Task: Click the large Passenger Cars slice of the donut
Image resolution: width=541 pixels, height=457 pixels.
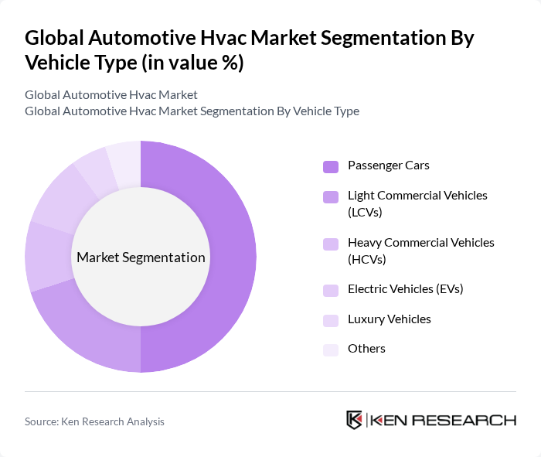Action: click(x=232, y=255)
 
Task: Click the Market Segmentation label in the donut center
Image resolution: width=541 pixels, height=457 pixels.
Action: click(x=140, y=257)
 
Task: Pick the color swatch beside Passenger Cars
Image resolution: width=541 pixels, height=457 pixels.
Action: click(x=331, y=166)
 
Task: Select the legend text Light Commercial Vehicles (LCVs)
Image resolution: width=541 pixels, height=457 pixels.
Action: click(x=417, y=203)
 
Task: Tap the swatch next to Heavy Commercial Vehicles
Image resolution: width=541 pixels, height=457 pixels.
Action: click(x=331, y=244)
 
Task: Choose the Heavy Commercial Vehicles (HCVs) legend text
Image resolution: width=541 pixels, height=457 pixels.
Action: click(x=420, y=250)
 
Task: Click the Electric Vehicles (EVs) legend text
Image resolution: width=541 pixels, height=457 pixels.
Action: click(x=405, y=289)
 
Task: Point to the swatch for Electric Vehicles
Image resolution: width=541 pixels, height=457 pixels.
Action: click(x=331, y=290)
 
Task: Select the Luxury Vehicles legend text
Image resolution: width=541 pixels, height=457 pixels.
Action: click(x=389, y=319)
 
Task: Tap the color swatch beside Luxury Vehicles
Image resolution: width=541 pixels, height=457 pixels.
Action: click(x=331, y=320)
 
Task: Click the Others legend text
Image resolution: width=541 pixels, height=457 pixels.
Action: click(x=366, y=349)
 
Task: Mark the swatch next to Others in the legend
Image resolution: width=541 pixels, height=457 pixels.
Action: click(x=331, y=350)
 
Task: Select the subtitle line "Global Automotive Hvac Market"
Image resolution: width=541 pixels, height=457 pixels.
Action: click(x=111, y=95)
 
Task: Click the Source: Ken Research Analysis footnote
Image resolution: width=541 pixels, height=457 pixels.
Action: click(x=94, y=421)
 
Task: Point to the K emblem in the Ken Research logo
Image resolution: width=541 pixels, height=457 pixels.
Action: click(x=355, y=420)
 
